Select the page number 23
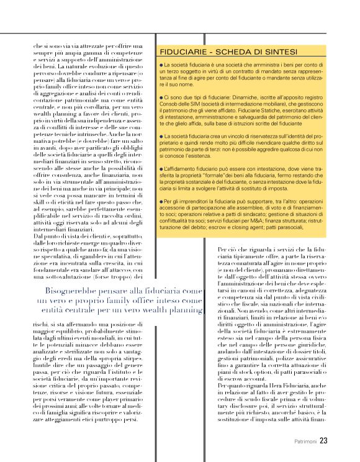[323, 442]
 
